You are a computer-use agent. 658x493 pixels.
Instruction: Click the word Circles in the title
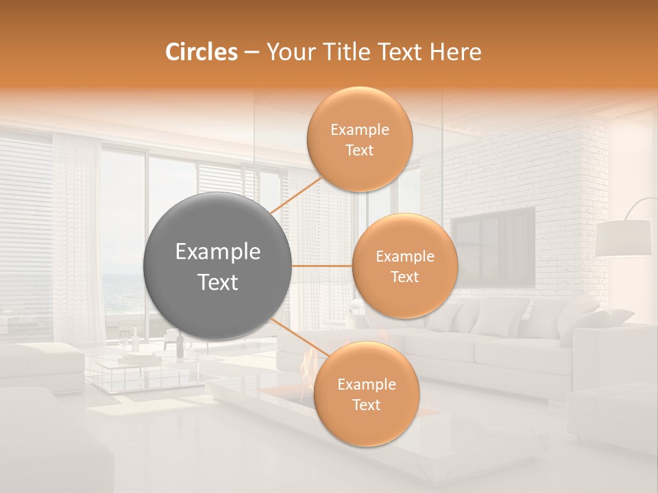click(x=202, y=52)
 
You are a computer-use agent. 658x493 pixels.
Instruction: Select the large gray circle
click(x=218, y=266)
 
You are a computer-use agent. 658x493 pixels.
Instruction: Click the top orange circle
click(x=360, y=139)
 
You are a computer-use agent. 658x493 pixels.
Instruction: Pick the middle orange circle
click(x=404, y=266)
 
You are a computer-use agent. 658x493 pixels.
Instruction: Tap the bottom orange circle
click(x=366, y=394)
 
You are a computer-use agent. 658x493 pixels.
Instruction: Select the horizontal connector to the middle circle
click(x=322, y=266)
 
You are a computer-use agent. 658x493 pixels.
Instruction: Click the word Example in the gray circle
click(x=218, y=252)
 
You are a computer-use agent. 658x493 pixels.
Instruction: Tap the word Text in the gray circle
click(x=218, y=282)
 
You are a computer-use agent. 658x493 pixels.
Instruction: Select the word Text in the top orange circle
click(x=360, y=151)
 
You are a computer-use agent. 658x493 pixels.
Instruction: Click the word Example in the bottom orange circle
click(x=366, y=385)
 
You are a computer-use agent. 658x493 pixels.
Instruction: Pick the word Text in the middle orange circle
click(x=404, y=277)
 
